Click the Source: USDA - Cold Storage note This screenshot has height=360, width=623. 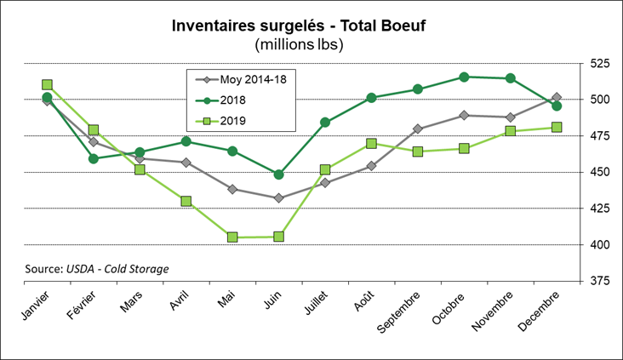(97, 269)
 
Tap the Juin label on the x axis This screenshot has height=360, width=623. (270, 300)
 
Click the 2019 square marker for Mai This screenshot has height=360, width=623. (232, 237)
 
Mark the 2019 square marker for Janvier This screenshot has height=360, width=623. (48, 85)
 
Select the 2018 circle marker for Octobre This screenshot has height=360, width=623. (464, 77)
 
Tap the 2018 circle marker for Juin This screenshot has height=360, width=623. (278, 174)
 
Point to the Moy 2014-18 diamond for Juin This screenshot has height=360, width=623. (278, 198)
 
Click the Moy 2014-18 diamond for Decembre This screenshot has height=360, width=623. (557, 98)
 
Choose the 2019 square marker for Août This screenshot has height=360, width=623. (371, 143)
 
